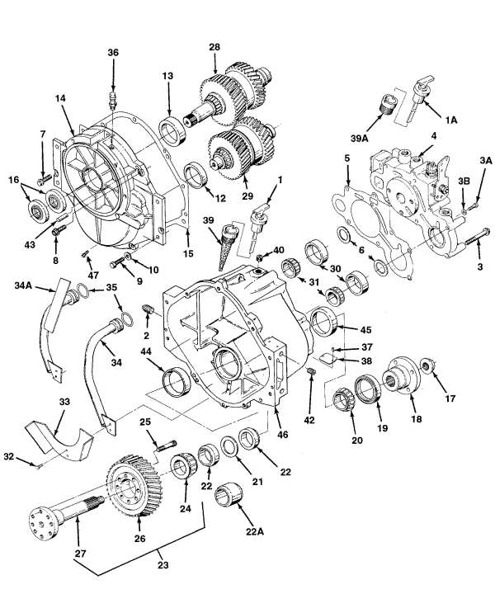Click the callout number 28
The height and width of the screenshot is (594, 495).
pos(214,47)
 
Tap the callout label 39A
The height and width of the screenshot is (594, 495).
pos(359,139)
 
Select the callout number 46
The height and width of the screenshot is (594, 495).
pos(282,434)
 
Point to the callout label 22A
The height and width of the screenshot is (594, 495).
pos(254,531)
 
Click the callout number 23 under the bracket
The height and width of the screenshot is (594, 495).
pos(163,566)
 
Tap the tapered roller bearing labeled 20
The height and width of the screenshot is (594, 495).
pos(342,399)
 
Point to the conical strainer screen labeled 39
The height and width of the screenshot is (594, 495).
pos(226,247)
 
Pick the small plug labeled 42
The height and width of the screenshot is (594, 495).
pos(311,371)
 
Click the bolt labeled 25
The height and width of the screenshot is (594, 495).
pos(167,445)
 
